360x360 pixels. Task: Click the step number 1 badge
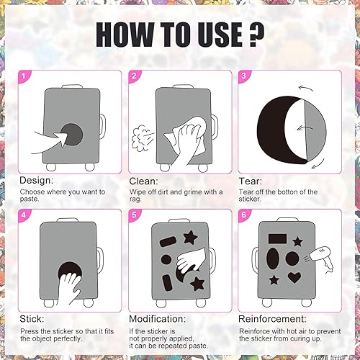point(24,76)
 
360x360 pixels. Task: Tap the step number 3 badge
point(243,76)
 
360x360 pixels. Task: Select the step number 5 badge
point(134,215)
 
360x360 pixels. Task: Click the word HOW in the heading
point(125,35)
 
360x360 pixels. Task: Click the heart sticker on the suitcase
point(294,277)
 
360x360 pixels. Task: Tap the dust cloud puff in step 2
point(140,138)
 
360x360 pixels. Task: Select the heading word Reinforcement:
point(272,319)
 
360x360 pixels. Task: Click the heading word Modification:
point(158,319)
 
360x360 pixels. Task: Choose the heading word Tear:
point(251,181)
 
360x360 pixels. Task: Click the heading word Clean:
point(143,181)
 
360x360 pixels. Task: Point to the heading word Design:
point(37,181)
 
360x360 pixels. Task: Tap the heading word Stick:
point(32,319)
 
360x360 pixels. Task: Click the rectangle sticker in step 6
point(277,239)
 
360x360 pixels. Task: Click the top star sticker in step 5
point(190,238)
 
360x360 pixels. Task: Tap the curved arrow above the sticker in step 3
point(305,89)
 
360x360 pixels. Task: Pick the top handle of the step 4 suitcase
point(68,220)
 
